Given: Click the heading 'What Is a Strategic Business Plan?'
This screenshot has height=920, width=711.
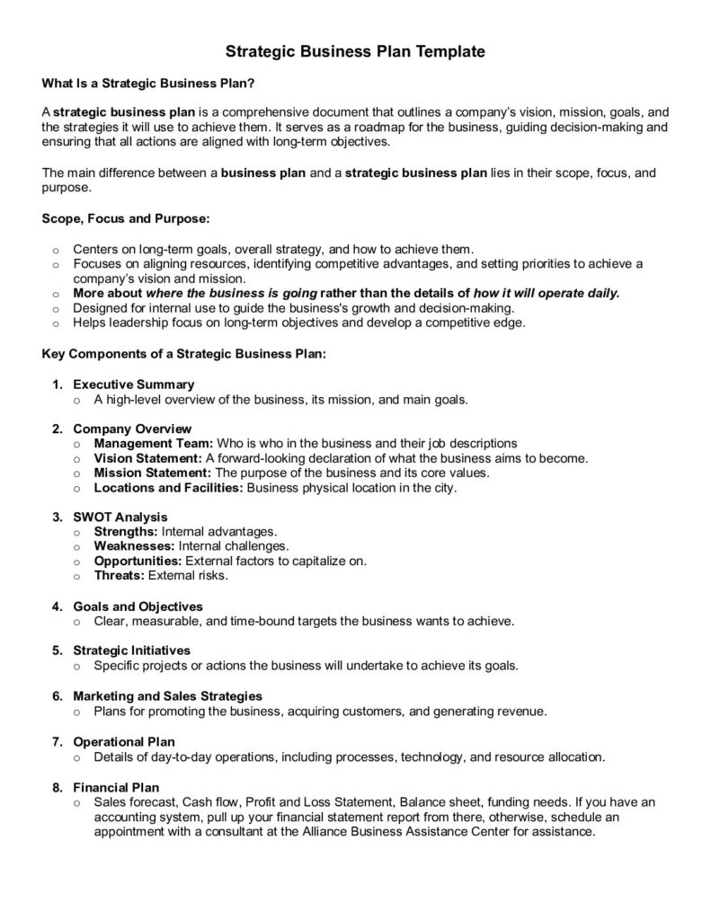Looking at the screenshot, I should [148, 84].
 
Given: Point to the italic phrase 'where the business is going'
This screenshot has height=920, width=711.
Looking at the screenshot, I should [231, 293].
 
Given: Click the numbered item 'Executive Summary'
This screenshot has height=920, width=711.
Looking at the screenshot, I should [133, 385].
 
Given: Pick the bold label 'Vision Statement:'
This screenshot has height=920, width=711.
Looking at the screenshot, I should [148, 458].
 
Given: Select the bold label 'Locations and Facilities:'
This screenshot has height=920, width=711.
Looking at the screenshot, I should [168, 488].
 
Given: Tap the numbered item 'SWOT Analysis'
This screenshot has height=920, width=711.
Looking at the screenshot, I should [120, 517].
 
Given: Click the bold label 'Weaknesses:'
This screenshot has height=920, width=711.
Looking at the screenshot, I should [134, 546].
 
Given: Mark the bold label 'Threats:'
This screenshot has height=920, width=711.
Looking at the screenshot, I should [119, 575].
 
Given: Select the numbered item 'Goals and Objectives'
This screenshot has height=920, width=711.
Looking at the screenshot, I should [138, 606].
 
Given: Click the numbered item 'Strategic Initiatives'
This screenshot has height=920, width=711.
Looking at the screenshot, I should [131, 650].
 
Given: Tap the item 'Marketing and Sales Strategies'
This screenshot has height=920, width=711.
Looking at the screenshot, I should [167, 695].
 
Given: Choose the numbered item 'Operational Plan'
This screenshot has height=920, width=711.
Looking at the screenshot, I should [123, 741].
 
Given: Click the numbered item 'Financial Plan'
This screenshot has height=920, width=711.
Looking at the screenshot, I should [116, 787].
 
